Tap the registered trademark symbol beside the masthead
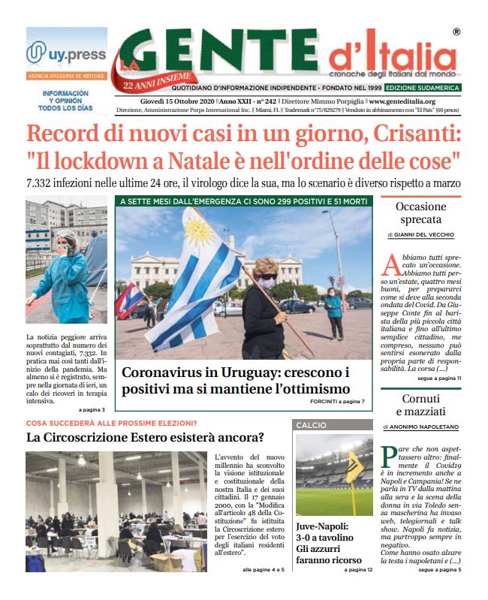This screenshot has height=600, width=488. [457, 32]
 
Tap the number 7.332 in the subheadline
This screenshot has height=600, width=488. [43, 183]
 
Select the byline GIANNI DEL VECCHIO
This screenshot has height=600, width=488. [431, 235]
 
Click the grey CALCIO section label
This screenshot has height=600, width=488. [311, 425]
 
